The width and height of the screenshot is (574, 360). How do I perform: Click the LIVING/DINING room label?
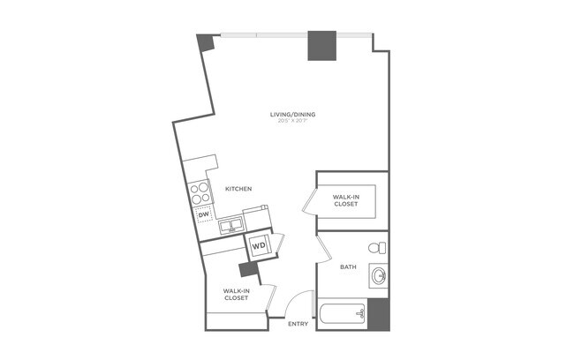[x=293, y=115]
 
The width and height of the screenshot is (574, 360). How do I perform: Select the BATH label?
[x=348, y=266]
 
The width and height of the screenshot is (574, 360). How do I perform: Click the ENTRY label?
[x=298, y=325]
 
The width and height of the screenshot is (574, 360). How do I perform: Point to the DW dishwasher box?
[x=203, y=214]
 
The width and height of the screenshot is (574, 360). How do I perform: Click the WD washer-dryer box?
[x=260, y=245]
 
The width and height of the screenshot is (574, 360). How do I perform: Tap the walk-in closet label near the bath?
[x=345, y=200]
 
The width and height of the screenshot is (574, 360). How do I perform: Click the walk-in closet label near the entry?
[x=235, y=294]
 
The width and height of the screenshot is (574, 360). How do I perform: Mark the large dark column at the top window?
[x=320, y=46]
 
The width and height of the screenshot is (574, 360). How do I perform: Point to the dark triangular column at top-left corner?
[x=205, y=41]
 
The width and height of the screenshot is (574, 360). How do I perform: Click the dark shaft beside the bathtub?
[x=378, y=313]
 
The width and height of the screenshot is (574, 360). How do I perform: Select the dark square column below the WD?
[x=248, y=270]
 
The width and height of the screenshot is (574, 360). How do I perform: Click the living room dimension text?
[x=293, y=123]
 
